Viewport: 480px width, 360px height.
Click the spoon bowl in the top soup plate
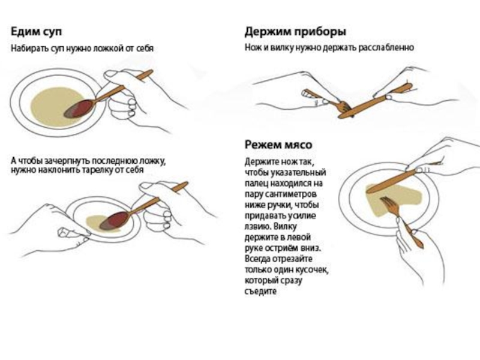click(80, 108)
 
